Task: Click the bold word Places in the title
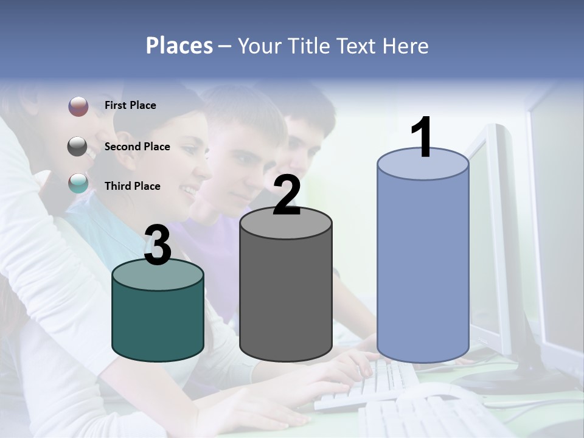179,46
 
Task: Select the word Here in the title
405,46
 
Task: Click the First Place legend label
130,105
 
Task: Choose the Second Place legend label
137,147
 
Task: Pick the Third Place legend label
132,186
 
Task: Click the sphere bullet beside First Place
78,106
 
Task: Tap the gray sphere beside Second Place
78,147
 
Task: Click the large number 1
422,137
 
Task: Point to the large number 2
287,196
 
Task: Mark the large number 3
158,246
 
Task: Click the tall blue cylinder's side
423,268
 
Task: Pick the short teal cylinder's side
158,322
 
